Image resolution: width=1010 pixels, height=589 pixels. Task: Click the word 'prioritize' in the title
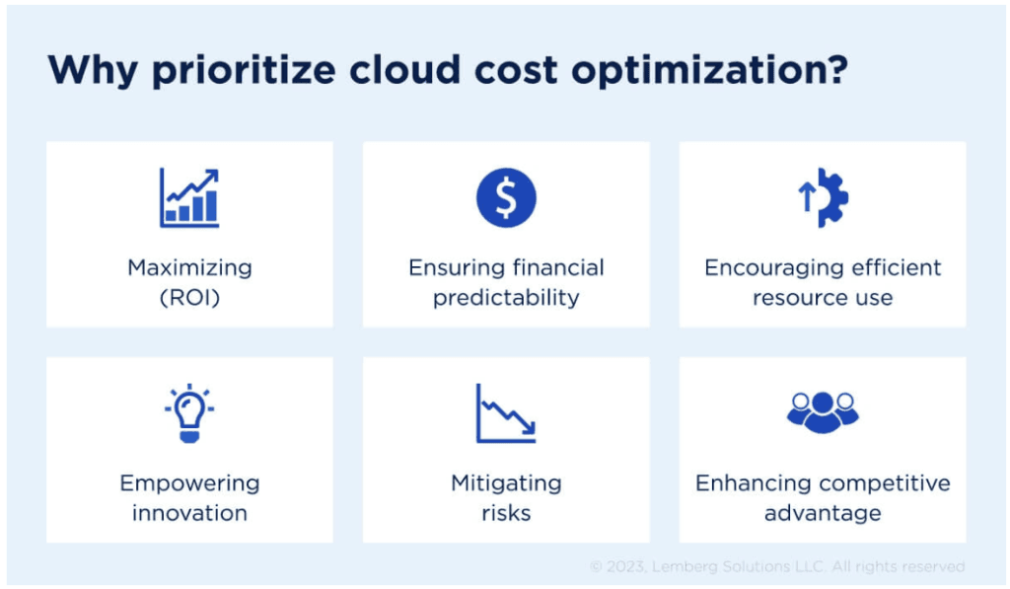click(244, 70)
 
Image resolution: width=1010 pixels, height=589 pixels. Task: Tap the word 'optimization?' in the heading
click(710, 70)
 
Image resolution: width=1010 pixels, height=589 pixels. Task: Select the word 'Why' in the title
click(93, 70)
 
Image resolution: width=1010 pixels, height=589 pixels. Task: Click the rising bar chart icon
click(189, 198)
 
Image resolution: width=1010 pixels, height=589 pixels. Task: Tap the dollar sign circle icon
click(506, 198)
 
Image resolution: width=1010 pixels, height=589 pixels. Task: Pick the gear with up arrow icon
click(823, 198)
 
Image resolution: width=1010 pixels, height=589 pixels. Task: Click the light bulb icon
click(189, 413)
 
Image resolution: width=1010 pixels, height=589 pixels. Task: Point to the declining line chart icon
click(506, 413)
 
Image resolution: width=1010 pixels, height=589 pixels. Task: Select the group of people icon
click(823, 412)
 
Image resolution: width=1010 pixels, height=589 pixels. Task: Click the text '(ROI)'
click(189, 298)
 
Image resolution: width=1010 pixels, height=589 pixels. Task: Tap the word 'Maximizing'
click(189, 268)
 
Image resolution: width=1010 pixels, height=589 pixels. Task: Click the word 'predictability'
click(506, 298)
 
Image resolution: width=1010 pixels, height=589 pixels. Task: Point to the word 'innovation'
click(189, 513)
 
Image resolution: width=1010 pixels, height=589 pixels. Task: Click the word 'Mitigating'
click(506, 483)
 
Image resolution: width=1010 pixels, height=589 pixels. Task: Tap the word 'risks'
click(506, 513)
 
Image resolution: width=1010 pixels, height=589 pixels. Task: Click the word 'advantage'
click(823, 514)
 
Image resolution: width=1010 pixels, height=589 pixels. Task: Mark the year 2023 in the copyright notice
click(625, 566)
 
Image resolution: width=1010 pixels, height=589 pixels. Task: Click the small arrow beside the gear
click(807, 196)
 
